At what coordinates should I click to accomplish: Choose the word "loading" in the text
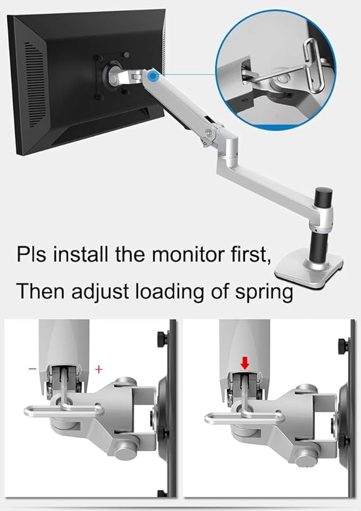[165, 291]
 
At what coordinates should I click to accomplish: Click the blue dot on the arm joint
[153, 76]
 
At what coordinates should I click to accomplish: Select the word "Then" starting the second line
[38, 291]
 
